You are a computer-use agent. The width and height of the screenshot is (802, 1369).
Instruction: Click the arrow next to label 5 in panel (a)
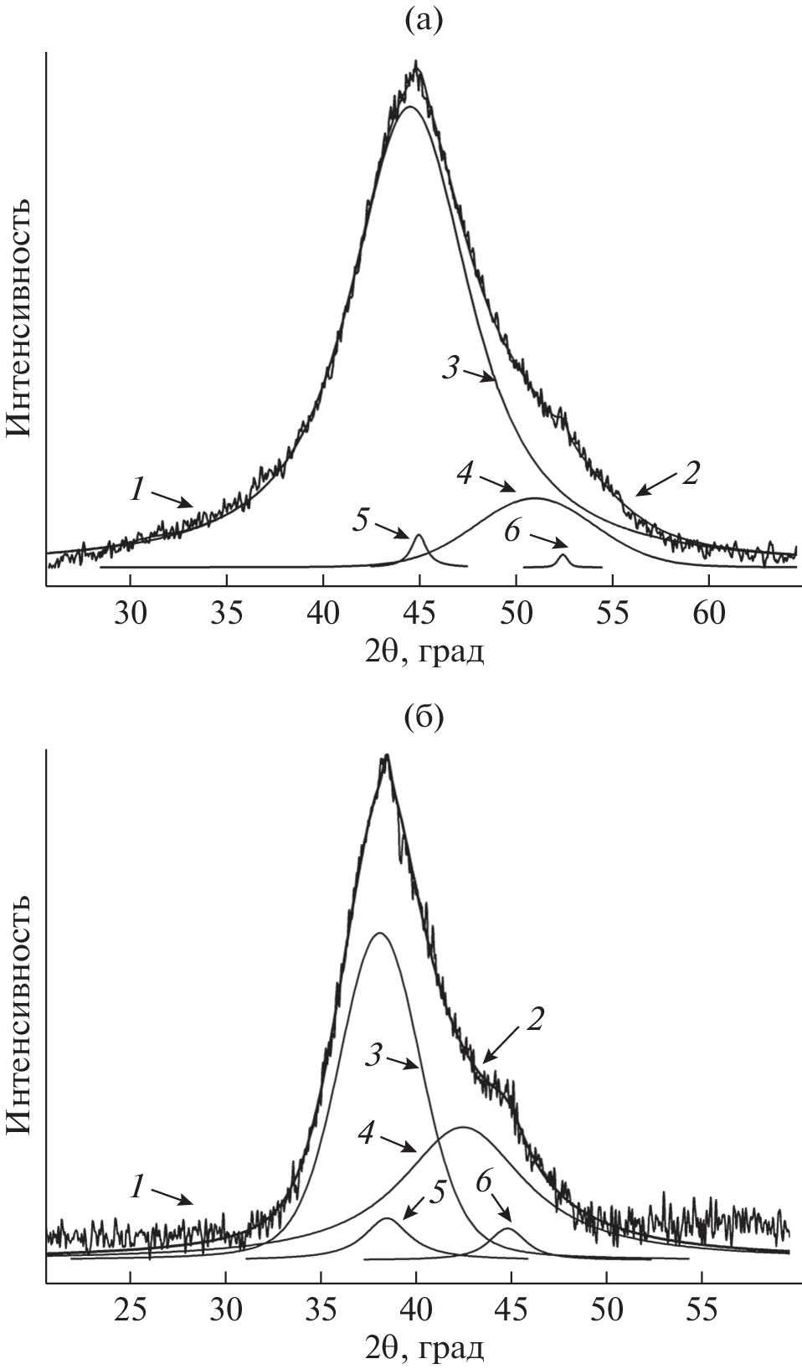[392, 530]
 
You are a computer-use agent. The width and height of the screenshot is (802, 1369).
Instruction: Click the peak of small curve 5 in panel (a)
[419, 536]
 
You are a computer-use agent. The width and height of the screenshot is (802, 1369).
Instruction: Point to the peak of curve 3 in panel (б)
[380, 933]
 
